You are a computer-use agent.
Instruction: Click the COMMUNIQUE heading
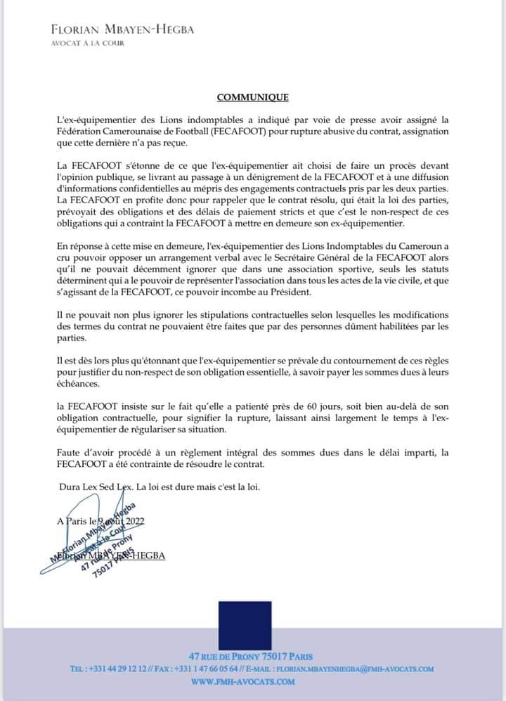[x=252, y=98]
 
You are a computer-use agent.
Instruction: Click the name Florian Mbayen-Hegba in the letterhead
[x=122, y=30]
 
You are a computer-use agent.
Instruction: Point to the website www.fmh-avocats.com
[x=243, y=681]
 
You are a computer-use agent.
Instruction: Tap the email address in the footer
[x=354, y=669]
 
